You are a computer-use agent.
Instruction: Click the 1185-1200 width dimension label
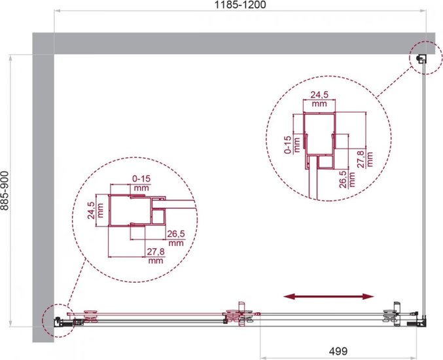click(x=240, y=5)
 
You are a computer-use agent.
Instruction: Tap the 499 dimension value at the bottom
click(x=338, y=351)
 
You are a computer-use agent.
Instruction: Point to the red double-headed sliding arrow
click(x=328, y=297)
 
